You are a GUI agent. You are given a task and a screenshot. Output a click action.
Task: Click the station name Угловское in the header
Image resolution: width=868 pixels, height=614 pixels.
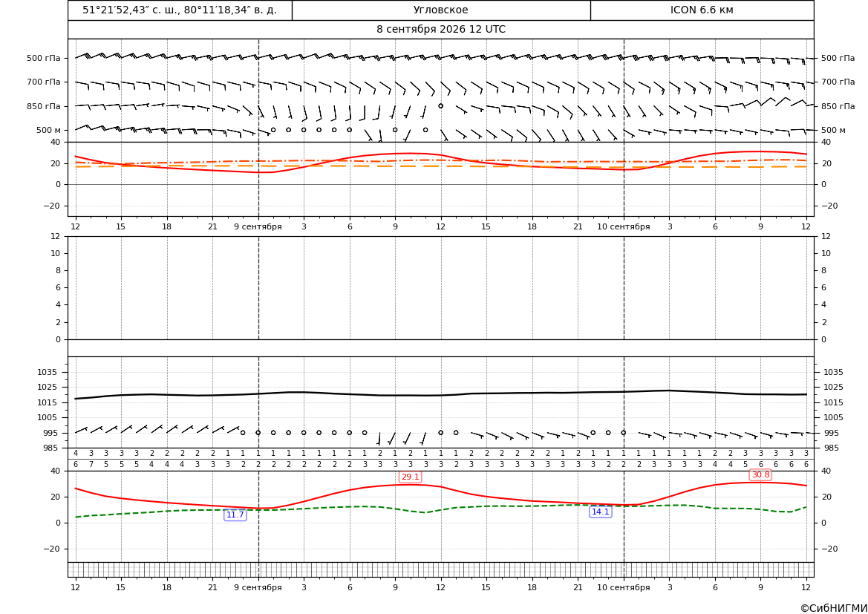tap(440, 10)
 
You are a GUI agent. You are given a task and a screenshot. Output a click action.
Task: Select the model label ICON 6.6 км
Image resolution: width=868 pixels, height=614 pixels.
tap(702, 10)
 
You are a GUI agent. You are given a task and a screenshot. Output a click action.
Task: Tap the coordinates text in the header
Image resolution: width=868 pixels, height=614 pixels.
tap(180, 10)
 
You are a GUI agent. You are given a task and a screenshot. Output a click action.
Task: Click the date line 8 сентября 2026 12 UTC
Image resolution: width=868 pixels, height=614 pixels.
tap(440, 30)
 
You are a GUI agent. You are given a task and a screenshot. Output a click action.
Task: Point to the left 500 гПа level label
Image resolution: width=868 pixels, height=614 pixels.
tap(44, 58)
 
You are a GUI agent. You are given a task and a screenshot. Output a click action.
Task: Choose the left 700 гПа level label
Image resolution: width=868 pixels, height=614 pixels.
tap(44, 82)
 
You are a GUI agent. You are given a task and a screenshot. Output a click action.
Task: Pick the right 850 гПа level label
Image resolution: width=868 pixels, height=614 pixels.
tap(838, 106)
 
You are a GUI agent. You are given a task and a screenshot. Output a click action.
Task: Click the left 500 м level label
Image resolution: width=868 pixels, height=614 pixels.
tap(48, 130)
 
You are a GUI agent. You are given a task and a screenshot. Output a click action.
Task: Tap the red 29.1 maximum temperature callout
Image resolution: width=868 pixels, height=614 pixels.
tap(410, 477)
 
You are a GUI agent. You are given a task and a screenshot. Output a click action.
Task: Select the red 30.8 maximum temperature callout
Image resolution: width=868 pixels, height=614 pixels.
tap(760, 474)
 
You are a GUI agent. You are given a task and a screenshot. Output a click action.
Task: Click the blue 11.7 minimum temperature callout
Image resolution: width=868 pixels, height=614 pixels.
tap(235, 515)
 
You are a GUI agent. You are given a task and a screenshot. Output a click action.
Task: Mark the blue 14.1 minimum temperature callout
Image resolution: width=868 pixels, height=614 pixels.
tap(601, 512)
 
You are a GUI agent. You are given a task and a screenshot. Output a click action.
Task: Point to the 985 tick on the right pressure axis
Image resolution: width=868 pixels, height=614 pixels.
tap(834, 448)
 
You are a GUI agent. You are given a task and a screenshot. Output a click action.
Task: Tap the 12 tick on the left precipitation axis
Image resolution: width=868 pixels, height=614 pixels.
tap(56, 236)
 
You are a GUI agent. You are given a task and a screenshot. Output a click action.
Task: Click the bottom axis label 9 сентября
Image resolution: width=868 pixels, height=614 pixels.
tap(258, 587)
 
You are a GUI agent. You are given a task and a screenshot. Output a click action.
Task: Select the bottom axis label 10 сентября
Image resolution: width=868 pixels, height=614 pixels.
tap(623, 587)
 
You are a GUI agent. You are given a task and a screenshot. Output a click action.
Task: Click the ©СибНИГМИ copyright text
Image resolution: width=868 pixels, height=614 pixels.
tap(834, 608)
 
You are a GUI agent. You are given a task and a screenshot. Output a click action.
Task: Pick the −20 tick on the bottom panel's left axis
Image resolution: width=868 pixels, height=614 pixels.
tap(52, 549)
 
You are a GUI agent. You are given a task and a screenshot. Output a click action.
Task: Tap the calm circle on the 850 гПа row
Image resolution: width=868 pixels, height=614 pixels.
tap(440, 105)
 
